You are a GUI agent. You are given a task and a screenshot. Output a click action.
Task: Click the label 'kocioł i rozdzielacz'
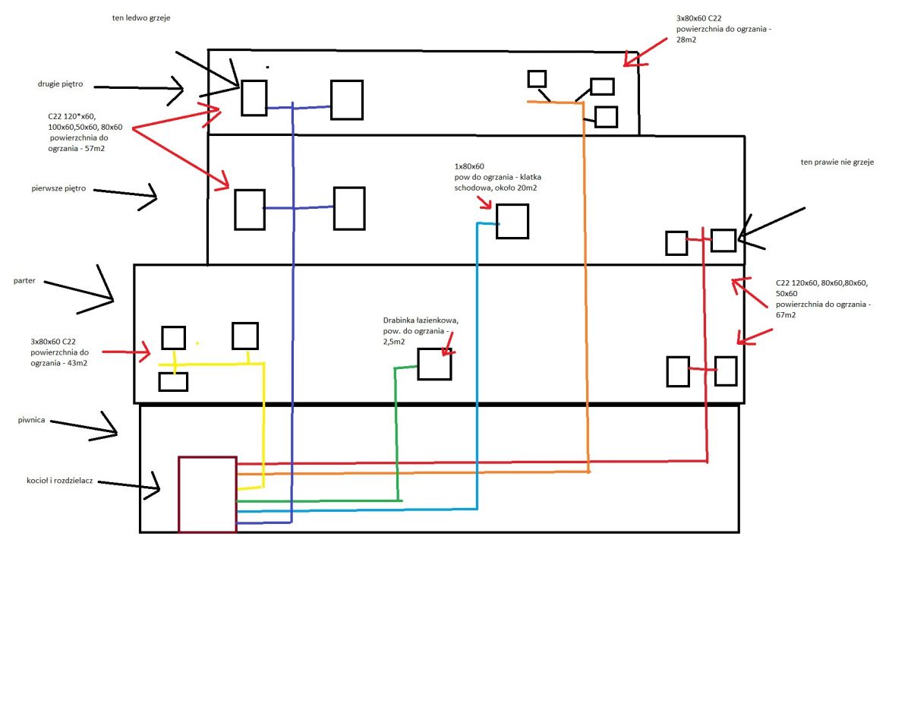pyautogui.click(x=59, y=481)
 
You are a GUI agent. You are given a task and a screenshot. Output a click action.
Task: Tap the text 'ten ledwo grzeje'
pyautogui.click(x=141, y=18)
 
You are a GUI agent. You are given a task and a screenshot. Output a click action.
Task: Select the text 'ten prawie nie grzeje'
pyautogui.click(x=837, y=162)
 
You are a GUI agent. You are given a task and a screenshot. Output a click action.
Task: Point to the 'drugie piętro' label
pyautogui.click(x=61, y=84)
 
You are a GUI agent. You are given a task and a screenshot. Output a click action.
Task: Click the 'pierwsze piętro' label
pyautogui.click(x=58, y=188)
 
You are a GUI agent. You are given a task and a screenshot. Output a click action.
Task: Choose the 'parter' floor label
pyautogui.click(x=24, y=280)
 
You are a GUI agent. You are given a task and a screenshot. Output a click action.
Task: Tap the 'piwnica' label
pyautogui.click(x=31, y=420)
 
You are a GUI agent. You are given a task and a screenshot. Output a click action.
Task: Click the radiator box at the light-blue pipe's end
pyautogui.click(x=496, y=222)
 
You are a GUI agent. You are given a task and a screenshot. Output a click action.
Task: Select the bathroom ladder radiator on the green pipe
pyautogui.click(x=418, y=364)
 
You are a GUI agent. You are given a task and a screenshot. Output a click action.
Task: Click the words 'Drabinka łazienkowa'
pyautogui.click(x=421, y=320)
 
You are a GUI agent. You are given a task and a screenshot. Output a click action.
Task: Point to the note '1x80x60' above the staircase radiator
pyautogui.click(x=469, y=166)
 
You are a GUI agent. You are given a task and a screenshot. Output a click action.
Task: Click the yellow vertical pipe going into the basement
pyautogui.click(x=263, y=425)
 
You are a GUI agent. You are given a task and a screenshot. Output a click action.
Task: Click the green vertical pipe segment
pyautogui.click(x=396, y=434)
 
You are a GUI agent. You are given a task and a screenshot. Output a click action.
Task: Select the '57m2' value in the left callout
pyautogui.click(x=94, y=148)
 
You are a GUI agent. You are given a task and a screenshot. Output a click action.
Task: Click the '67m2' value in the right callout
pyautogui.click(x=785, y=315)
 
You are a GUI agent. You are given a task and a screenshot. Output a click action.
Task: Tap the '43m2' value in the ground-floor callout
pyautogui.click(x=77, y=363)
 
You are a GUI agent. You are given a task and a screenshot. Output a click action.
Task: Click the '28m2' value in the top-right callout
pyautogui.click(x=686, y=39)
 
